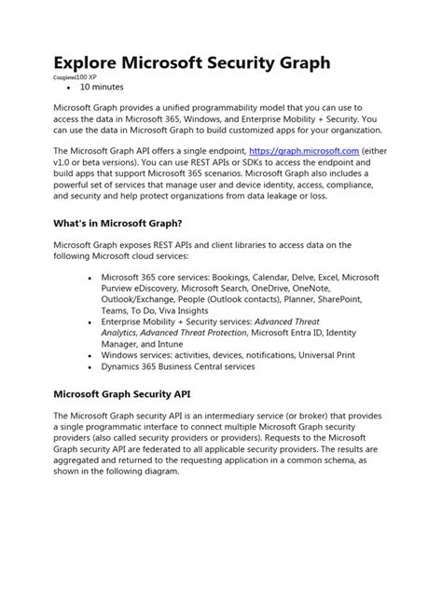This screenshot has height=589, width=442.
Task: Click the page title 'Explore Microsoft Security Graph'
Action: (x=191, y=63)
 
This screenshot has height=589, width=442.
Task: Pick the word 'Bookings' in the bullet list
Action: (x=245, y=277)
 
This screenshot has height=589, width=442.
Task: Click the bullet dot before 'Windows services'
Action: (x=89, y=355)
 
